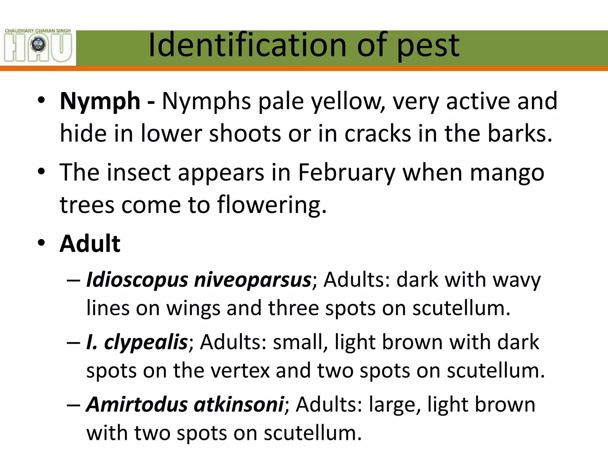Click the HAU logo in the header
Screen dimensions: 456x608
coord(38,45)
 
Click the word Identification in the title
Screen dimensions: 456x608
coord(247,45)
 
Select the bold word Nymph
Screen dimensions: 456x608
coord(100,102)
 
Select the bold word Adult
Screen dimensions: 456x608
coord(90,244)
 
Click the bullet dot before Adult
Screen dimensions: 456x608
coord(41,243)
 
